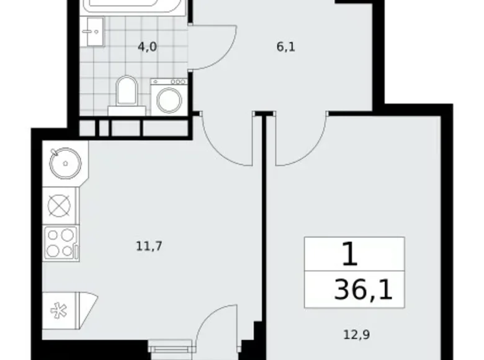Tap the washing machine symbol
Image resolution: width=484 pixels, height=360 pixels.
[x=169, y=96]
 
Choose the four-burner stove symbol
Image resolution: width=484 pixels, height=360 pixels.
[x=60, y=243]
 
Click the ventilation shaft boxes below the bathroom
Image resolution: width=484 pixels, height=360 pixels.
[x=133, y=127]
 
